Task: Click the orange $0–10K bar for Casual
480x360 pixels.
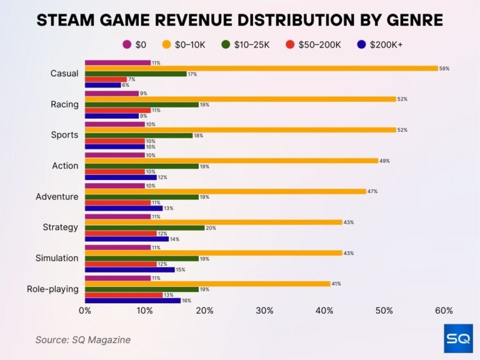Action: point(261,68)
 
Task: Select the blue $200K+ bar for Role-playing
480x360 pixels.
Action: point(132,301)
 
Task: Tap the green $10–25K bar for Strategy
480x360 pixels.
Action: point(144,228)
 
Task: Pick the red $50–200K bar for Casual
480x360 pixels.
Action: point(106,79)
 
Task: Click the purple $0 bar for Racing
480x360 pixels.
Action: point(111,94)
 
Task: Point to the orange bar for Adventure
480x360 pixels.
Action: point(225,191)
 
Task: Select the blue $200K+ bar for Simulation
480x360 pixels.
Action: point(129,270)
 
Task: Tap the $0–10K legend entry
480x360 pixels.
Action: point(186,44)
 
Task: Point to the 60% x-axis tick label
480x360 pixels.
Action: point(444,311)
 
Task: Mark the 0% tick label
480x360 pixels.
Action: point(85,311)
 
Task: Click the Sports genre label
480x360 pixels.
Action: point(64,135)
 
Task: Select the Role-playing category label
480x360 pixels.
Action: point(52,289)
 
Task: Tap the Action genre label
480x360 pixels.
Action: point(65,166)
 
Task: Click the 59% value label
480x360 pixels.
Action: point(444,68)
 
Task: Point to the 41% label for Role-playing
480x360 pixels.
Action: point(337,284)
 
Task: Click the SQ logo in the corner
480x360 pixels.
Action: point(457,338)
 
